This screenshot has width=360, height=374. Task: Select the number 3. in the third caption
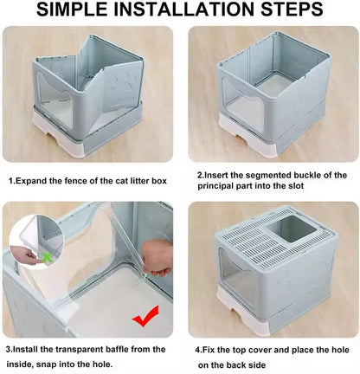click(12, 348)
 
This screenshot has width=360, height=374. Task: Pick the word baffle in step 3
click(125, 348)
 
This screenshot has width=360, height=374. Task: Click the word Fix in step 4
click(214, 348)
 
